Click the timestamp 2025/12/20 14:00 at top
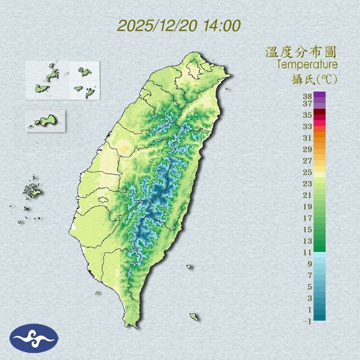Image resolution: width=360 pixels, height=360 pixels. [179, 26]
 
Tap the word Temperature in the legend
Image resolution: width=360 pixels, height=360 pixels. [307, 64]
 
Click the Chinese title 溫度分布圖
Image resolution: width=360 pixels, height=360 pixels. [301, 52]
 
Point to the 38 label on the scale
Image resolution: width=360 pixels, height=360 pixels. [308, 97]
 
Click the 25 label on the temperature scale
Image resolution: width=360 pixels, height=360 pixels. [308, 172]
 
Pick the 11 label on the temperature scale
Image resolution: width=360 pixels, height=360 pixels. [308, 252]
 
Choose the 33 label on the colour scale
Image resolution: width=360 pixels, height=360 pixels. [308, 126]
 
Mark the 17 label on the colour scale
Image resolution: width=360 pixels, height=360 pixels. [308, 218]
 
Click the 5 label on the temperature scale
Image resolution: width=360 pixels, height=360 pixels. [310, 286]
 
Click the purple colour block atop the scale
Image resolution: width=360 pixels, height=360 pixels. [320, 95]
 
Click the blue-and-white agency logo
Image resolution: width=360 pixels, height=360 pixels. [34, 338]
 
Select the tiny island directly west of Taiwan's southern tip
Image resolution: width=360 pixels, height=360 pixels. [97, 292]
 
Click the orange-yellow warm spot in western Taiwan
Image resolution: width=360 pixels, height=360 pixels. [123, 146]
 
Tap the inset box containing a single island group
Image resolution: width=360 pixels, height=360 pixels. [45, 121]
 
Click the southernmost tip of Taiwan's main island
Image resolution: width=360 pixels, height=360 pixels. [133, 326]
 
